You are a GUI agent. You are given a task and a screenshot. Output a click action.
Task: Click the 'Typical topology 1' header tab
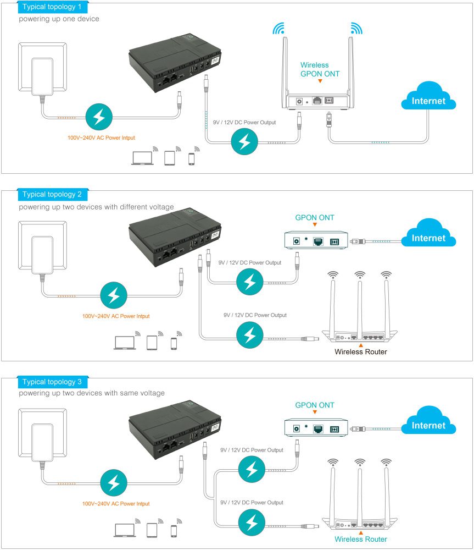[x=52, y=7]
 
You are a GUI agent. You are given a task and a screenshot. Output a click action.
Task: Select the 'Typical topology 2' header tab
[x=52, y=195]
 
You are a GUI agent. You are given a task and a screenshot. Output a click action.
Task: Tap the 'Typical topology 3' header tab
[x=52, y=382]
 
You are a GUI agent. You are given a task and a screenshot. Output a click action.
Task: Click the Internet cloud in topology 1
[x=429, y=99]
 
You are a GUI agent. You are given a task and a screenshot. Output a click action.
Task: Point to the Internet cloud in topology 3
[x=429, y=424]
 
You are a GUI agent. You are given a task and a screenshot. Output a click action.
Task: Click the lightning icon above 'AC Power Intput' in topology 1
[x=100, y=116]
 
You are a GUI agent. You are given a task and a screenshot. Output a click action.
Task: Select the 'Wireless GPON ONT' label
[x=320, y=69]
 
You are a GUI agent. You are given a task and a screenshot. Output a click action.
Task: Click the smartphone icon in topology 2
[x=174, y=344]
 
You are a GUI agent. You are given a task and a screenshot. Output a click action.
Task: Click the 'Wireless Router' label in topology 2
[x=361, y=352]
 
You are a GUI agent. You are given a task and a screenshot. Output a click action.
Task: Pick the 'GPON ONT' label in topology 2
[x=315, y=218]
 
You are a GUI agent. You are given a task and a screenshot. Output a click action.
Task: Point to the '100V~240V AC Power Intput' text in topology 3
[x=116, y=503]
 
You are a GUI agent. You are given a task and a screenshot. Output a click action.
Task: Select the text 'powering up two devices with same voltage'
[x=92, y=393]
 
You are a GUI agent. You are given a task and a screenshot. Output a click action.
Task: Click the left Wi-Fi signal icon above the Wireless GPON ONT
[x=280, y=28]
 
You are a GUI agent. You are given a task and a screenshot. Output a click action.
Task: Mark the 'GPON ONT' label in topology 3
[x=315, y=405]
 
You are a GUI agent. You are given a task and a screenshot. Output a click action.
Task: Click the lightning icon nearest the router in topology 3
[x=252, y=521]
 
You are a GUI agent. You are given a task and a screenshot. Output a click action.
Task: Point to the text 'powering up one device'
[x=59, y=19]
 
